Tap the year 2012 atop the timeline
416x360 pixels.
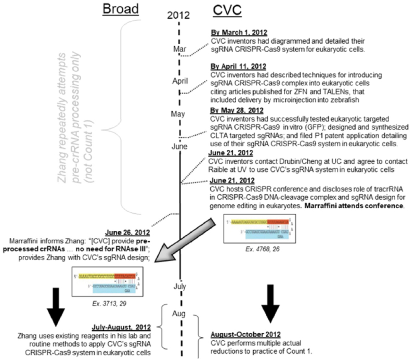[x=179, y=15]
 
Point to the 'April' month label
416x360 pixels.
[x=179, y=81]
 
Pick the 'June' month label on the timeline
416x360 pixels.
[x=179, y=147]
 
